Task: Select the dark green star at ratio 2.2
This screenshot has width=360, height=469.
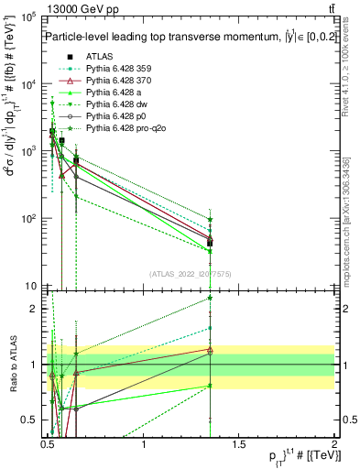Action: click(211, 298)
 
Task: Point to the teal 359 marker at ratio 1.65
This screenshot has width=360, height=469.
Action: click(211, 328)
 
